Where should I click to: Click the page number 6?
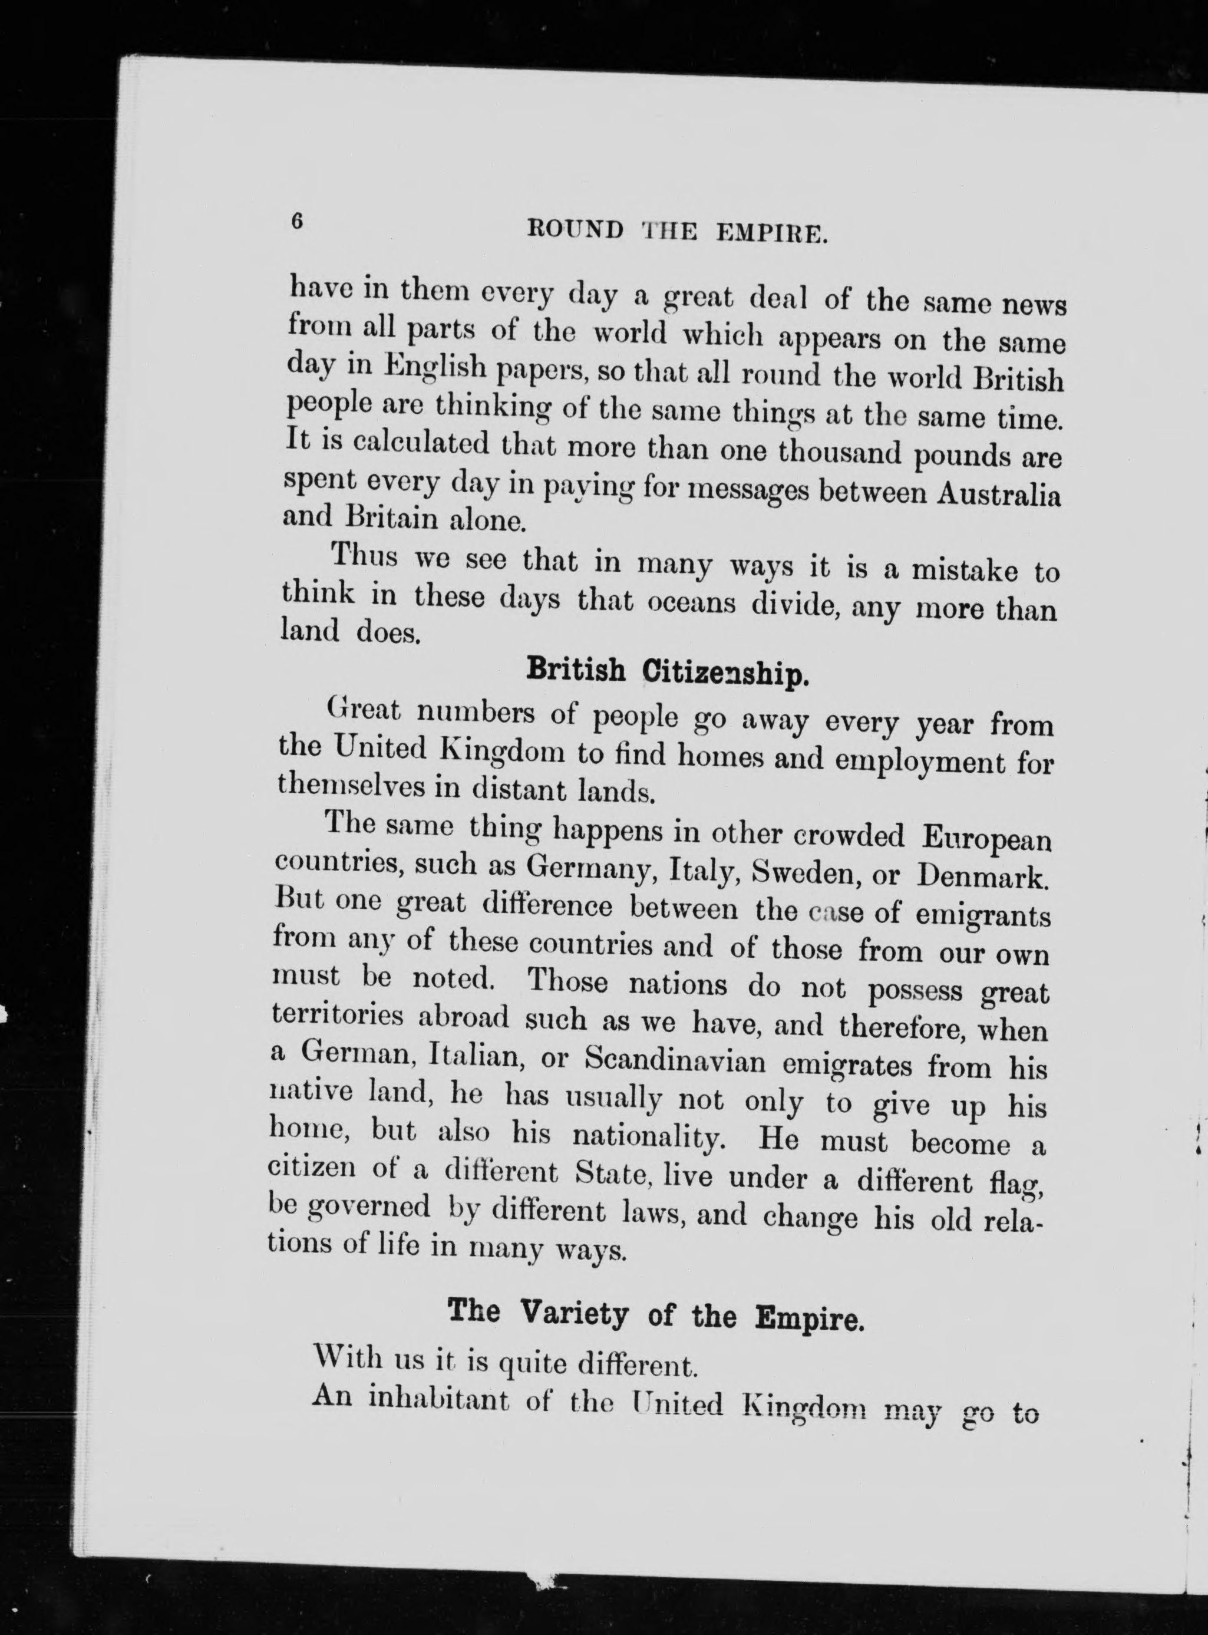pos(297,222)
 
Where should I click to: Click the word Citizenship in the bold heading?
pos(725,671)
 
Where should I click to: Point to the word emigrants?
pos(983,915)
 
